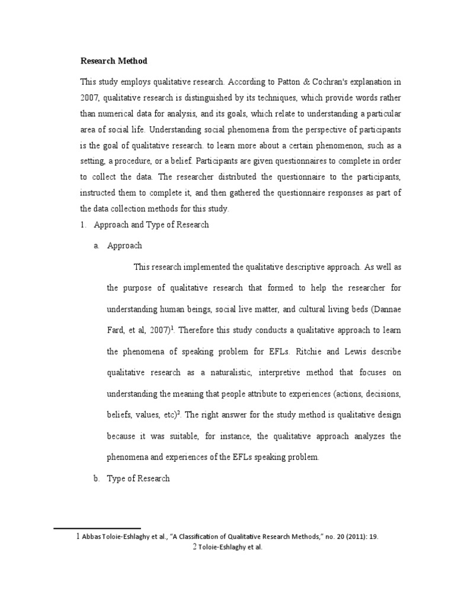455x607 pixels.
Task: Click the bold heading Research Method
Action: coord(114,61)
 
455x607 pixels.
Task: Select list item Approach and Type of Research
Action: coord(157,225)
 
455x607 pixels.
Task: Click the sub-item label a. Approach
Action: coord(124,245)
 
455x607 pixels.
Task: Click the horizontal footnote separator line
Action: coord(97,528)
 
